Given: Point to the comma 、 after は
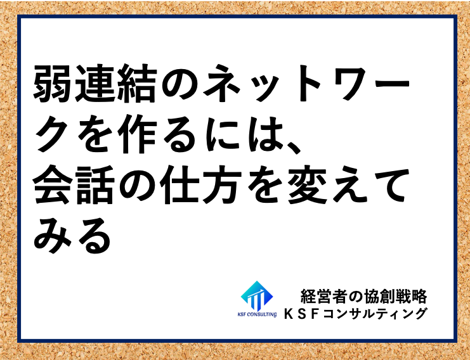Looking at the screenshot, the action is tap(294, 148).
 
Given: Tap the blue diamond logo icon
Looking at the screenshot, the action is tap(257, 296).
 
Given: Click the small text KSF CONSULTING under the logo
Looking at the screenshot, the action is tap(257, 314).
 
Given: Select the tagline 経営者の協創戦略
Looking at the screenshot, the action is tap(363, 297).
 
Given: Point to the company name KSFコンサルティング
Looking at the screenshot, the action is tap(355, 314).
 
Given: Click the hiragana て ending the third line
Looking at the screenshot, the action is tap(389, 186).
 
